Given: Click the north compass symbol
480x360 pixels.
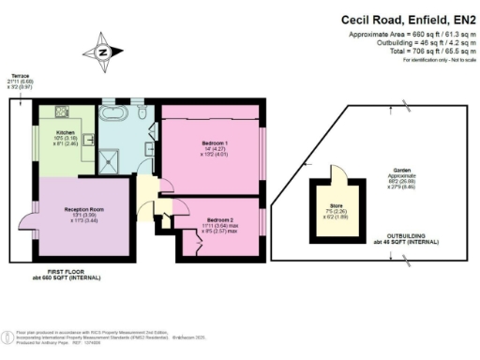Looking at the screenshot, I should point(102,52).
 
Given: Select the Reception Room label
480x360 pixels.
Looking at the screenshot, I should point(82,212).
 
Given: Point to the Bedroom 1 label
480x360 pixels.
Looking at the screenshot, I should point(213,143).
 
